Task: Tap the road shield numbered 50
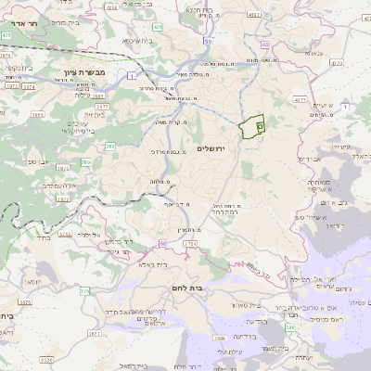(x=207, y=41)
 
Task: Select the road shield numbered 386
(x=110, y=147)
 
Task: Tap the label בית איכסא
(x=138, y=41)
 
